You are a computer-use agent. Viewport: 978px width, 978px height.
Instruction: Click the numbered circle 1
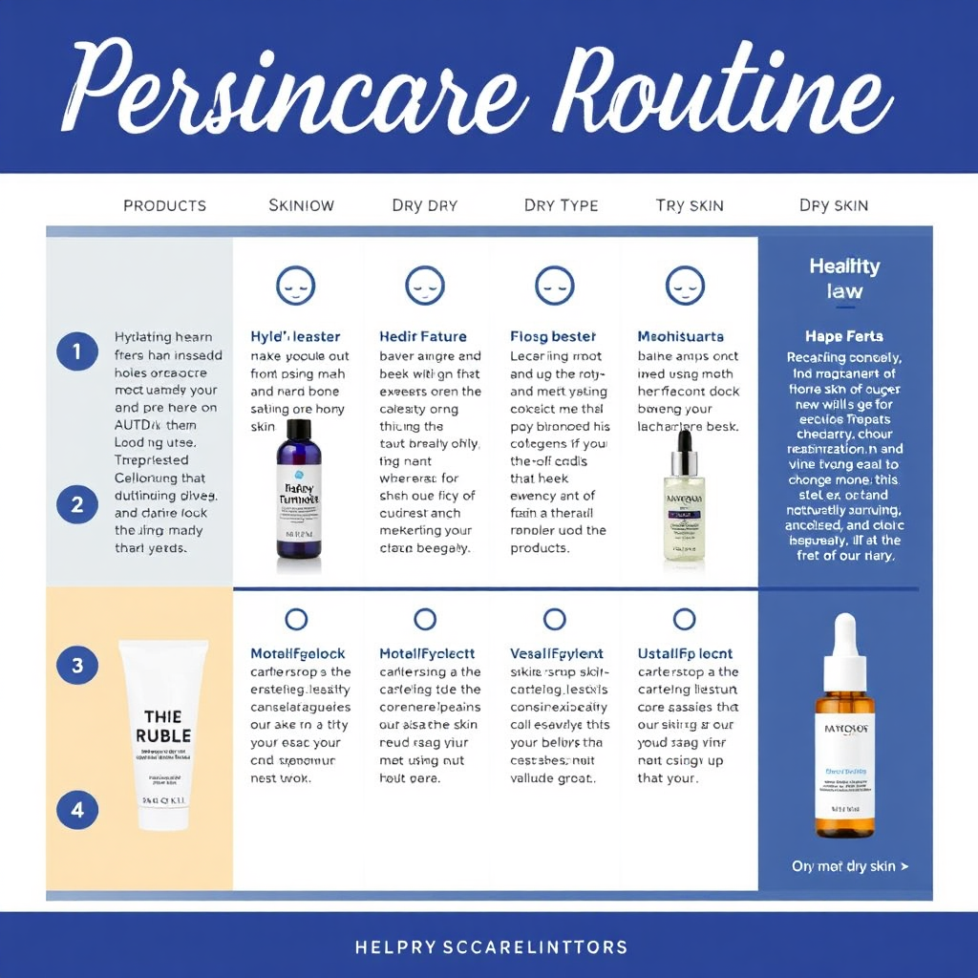(76, 351)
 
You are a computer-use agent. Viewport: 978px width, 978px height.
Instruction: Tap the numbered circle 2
(76, 503)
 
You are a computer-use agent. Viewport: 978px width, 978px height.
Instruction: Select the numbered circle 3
(76, 665)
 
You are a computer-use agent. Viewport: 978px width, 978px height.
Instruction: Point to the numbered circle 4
(76, 811)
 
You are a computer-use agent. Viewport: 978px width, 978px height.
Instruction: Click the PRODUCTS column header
(164, 205)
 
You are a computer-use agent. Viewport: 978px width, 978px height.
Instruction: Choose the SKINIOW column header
(301, 205)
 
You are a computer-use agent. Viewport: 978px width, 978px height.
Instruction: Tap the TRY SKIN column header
(690, 205)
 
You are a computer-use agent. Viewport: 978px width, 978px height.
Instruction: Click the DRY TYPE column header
(561, 205)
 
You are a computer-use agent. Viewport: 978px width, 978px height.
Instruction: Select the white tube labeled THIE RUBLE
(163, 733)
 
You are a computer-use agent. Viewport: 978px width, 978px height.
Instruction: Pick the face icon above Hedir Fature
(424, 285)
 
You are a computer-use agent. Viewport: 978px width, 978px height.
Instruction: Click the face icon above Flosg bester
(554, 285)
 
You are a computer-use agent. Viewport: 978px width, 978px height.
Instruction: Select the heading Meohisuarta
(680, 336)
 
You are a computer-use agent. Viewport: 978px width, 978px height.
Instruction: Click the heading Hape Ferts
(843, 336)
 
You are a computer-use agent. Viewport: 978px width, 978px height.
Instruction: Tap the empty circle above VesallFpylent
(554, 619)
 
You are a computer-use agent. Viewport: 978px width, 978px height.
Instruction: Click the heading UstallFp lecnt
(684, 654)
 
